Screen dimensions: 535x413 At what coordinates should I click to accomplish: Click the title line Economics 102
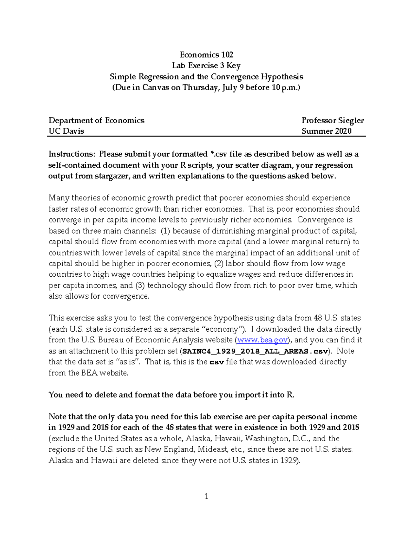[206, 55]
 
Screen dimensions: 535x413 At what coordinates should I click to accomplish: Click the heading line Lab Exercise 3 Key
[206, 65]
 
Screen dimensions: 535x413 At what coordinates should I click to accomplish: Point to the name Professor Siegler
[333, 120]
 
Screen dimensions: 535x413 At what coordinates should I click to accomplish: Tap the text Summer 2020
[327, 131]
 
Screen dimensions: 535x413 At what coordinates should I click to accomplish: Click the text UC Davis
[66, 131]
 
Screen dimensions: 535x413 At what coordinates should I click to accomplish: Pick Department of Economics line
[96, 120]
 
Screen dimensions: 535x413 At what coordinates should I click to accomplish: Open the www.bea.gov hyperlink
[262, 340]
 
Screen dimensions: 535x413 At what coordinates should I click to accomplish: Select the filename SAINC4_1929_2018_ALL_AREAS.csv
[255, 351]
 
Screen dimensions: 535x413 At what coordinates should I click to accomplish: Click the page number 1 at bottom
[206, 496]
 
